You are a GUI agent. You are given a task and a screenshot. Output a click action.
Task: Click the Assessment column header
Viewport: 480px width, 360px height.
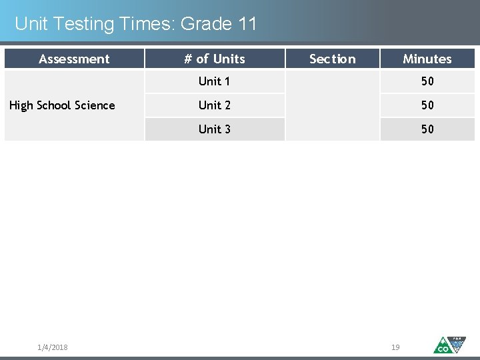[74, 59]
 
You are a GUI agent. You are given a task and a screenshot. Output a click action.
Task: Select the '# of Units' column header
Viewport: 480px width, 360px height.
[215, 59]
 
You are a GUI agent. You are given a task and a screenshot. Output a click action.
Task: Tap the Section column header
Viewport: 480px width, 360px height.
[332, 59]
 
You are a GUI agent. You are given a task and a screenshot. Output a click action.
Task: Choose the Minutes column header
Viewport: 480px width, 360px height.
[427, 59]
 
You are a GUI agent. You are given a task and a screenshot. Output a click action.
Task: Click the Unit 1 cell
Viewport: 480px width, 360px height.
[214, 81]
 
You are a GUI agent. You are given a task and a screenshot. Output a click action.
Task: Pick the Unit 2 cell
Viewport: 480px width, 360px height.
[214, 105]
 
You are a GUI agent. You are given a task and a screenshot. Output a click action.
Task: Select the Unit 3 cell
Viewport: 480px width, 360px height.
[214, 129]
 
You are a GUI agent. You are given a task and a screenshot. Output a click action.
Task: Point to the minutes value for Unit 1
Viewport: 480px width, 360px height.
[427, 81]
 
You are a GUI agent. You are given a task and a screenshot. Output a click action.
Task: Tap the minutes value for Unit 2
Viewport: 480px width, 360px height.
[427, 105]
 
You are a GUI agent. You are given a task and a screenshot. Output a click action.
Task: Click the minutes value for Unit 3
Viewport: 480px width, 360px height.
[427, 129]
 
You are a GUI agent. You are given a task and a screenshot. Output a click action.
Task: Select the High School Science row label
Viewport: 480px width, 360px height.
[62, 105]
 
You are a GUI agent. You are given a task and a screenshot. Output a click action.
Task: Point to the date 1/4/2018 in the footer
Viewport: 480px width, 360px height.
[53, 347]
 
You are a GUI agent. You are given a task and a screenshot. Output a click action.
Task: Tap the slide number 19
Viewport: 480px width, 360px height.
[395, 347]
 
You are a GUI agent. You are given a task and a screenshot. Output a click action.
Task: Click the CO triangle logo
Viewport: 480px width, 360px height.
[443, 345]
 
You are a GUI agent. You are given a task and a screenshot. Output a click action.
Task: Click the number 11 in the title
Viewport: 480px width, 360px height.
[246, 25]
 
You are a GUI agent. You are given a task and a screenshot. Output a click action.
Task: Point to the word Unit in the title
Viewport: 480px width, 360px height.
[31, 25]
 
